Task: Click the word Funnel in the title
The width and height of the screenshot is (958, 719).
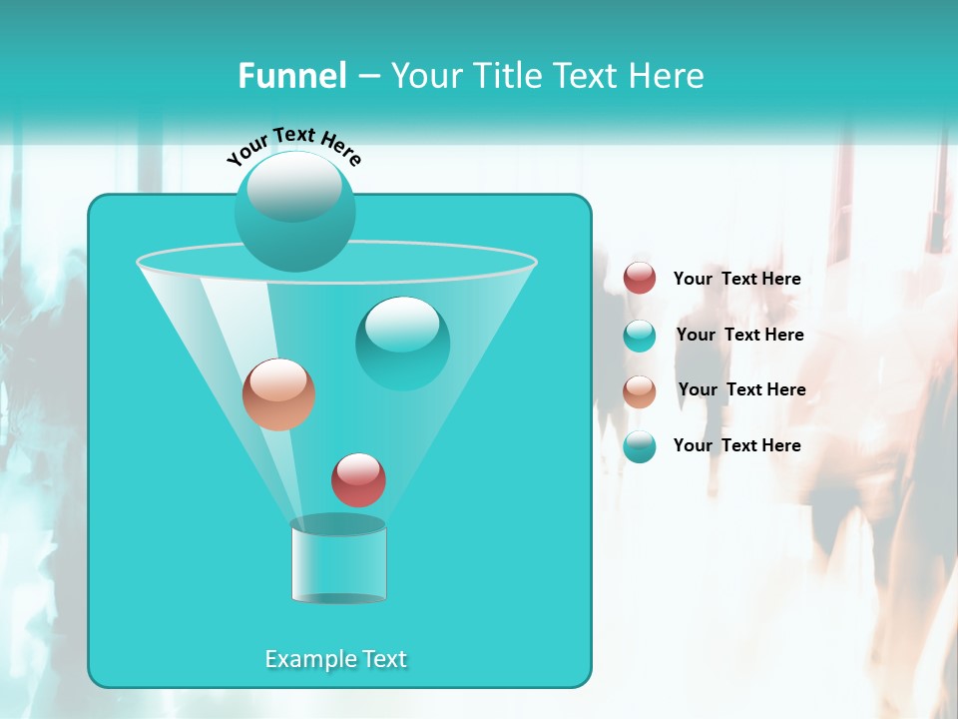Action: tap(291, 76)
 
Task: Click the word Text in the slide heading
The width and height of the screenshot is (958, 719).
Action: tap(589, 76)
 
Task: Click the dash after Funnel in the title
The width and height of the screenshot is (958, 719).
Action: tap(367, 77)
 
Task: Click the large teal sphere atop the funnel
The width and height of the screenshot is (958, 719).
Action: tap(295, 212)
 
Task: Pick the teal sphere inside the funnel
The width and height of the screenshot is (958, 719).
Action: tap(402, 344)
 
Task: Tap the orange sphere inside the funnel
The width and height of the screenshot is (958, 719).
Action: tap(278, 394)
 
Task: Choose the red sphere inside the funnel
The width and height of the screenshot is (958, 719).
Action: tap(358, 479)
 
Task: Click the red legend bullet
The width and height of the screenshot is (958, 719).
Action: tap(640, 279)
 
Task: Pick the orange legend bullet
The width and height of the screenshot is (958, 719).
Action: tap(640, 391)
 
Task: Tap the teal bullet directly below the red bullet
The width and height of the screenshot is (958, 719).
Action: tap(640, 336)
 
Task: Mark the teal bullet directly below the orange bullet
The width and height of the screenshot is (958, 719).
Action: tap(640, 446)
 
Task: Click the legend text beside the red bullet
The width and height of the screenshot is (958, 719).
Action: tap(736, 279)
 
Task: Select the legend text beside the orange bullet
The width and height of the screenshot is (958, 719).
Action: tap(741, 389)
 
